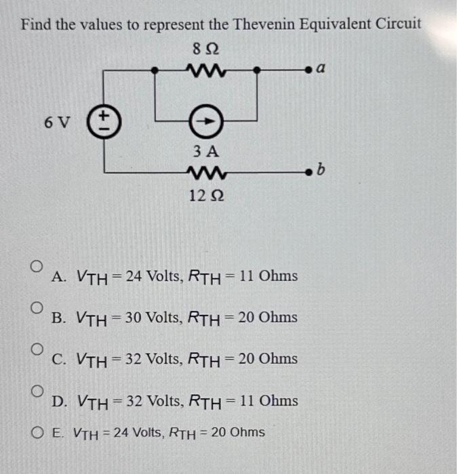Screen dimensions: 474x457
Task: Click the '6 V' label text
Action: click(x=56, y=123)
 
